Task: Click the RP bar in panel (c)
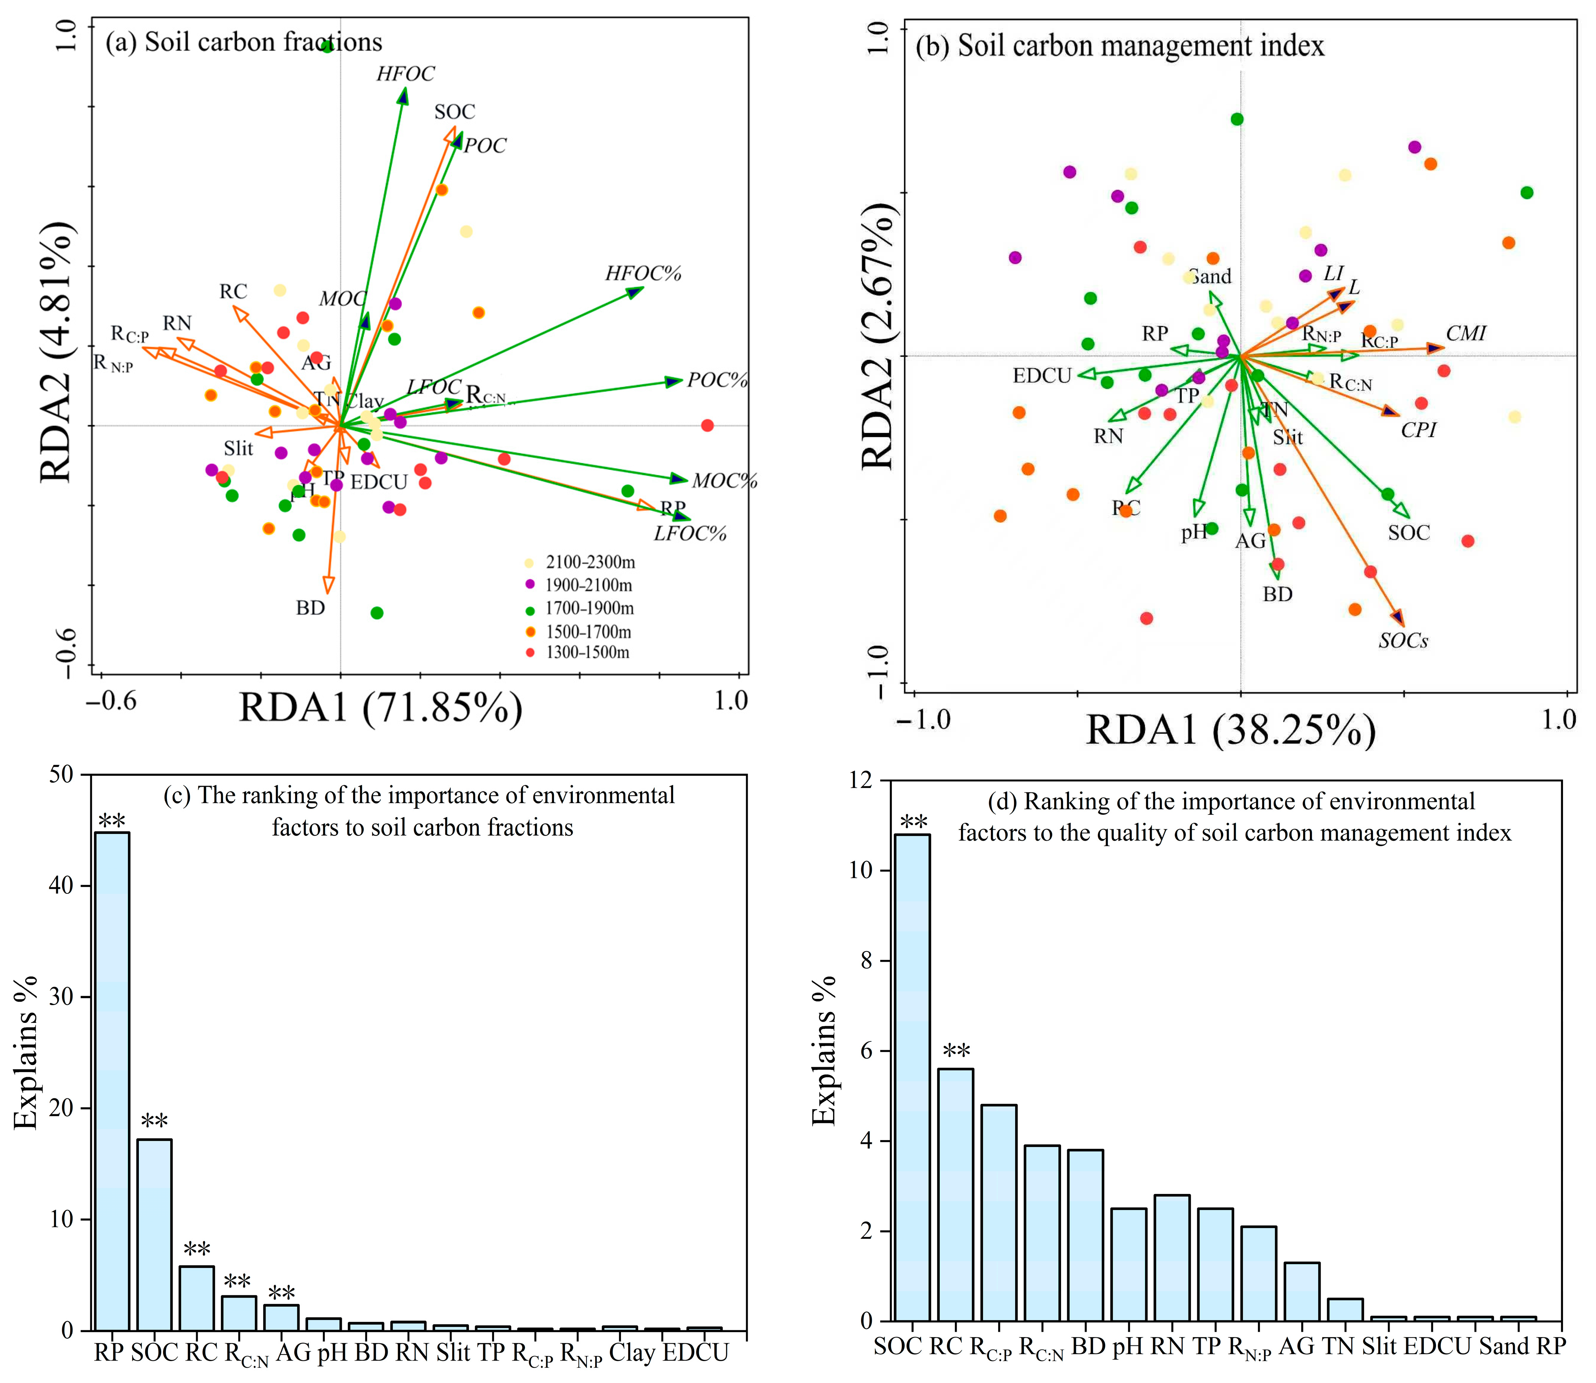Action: [112, 1081]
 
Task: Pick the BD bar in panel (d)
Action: [1085, 1235]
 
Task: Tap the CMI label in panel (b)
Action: [1465, 333]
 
